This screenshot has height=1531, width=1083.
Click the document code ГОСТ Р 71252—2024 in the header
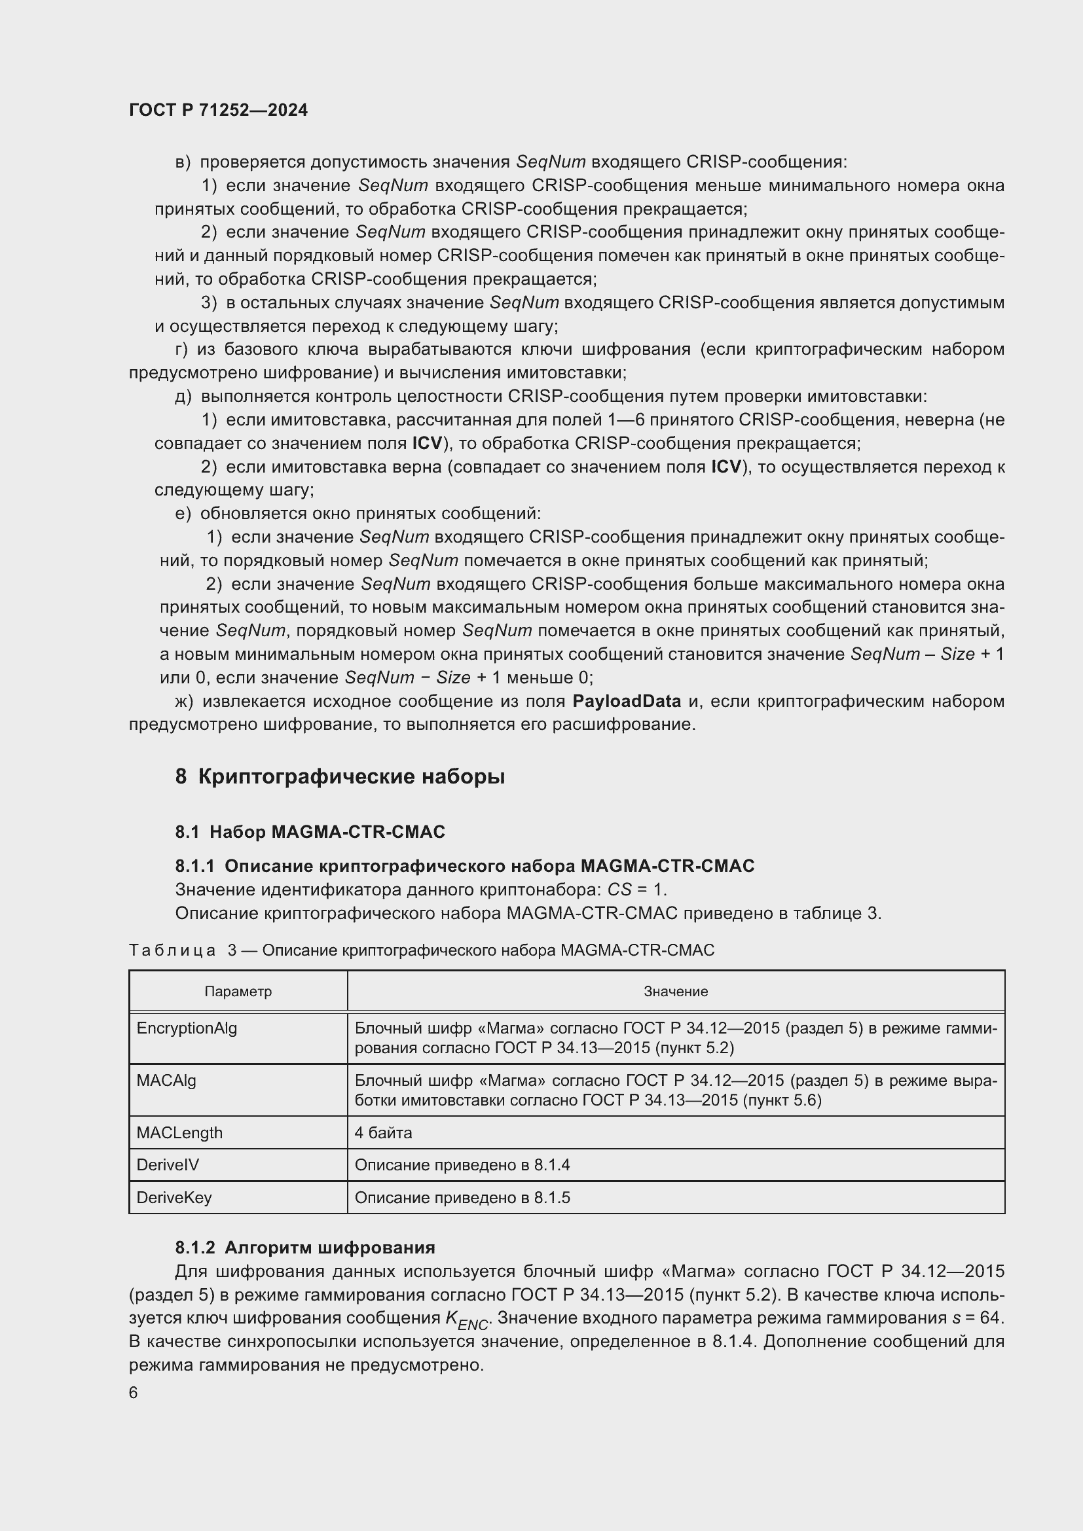pos(218,110)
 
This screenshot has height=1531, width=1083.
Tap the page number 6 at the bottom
pos(134,1392)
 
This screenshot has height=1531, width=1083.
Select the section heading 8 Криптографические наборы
pos(339,776)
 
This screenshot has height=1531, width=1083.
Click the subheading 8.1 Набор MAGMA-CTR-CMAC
pos(310,831)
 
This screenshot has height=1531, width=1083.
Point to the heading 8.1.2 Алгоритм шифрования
pos(304,1247)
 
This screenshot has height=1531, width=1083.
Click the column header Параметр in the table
pos(238,991)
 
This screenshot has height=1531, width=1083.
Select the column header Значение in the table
pos(675,991)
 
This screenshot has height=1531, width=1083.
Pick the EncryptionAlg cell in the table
pos(187,1028)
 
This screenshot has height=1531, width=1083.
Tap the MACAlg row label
pos(166,1079)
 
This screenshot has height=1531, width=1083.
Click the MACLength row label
pos(179,1132)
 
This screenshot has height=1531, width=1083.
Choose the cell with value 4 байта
pos(384,1132)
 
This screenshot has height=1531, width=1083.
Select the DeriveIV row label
pos(168,1164)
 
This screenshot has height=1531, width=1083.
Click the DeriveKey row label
pos(174,1197)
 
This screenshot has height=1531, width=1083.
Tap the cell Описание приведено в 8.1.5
pos(462,1197)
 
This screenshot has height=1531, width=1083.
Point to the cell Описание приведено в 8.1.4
pos(462,1164)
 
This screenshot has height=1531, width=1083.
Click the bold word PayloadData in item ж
pos(626,701)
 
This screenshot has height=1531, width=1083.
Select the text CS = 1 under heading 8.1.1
pos(636,890)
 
